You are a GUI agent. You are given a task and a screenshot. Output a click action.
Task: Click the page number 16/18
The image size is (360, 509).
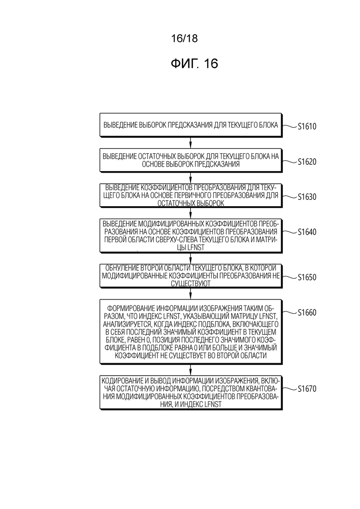tap(184, 38)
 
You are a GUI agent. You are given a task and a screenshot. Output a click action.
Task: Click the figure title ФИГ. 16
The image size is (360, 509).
tap(194, 64)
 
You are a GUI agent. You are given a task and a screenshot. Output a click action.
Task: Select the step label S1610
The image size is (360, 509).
tap(307, 126)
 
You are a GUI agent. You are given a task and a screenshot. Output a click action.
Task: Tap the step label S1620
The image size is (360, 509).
tap(307, 162)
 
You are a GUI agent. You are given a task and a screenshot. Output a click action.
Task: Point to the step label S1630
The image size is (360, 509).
tap(307, 197)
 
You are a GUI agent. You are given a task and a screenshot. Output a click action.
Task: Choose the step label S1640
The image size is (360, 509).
tap(307, 232)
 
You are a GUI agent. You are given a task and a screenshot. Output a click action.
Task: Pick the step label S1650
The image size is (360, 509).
tap(307, 277)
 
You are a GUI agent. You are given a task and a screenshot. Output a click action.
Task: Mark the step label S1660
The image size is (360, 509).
tap(307, 312)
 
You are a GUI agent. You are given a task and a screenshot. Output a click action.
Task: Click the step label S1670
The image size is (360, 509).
tap(307, 389)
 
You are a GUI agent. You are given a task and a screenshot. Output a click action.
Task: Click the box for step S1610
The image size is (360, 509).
tap(191, 125)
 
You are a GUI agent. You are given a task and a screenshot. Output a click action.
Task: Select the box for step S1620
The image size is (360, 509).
tap(191, 160)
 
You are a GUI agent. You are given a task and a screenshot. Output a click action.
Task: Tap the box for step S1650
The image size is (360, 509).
tap(191, 275)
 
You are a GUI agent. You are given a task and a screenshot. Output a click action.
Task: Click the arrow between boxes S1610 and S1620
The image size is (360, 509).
tap(191, 143)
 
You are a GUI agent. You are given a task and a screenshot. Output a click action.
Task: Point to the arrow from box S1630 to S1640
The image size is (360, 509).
tap(191, 213)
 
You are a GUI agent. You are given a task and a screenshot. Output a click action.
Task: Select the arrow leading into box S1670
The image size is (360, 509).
tap(191, 370)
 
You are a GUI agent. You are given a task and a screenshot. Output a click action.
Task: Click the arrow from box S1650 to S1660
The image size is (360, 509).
tap(191, 293)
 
